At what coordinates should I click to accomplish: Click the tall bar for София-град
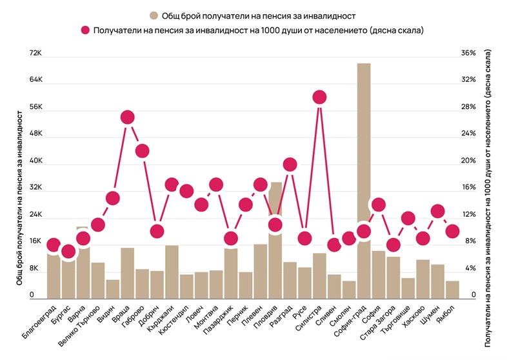point(364,181)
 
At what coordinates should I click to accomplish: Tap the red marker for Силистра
point(319,97)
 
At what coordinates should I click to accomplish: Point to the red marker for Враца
point(127,117)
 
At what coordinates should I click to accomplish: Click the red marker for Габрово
point(142,151)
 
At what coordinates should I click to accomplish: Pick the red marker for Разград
point(290,165)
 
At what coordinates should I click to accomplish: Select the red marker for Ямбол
point(452,231)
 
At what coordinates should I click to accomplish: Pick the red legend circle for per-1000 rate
point(84,30)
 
